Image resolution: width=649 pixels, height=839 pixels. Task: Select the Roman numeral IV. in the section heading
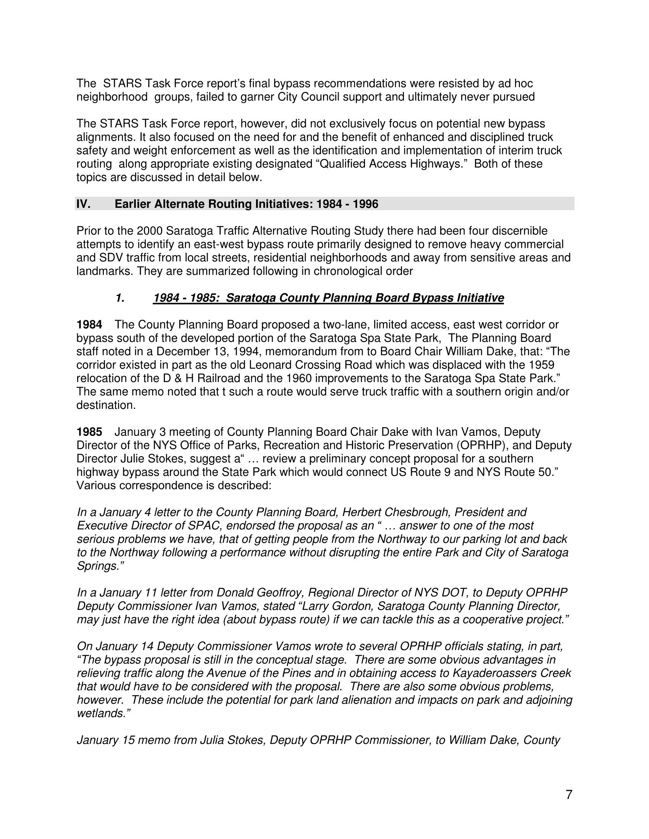(x=84, y=204)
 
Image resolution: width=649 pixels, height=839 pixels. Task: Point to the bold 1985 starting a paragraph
(x=89, y=432)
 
